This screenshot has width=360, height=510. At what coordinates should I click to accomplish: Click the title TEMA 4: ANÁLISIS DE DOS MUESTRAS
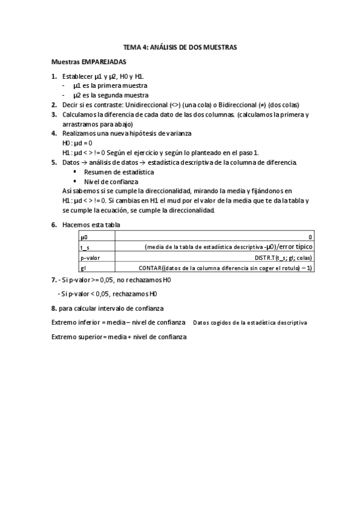[180, 46]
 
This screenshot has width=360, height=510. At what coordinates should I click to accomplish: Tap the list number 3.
[54, 114]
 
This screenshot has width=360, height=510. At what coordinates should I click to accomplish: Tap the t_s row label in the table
[85, 247]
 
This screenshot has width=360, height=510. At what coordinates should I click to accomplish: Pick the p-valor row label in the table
[90, 257]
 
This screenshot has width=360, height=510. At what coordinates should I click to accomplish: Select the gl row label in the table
[82, 267]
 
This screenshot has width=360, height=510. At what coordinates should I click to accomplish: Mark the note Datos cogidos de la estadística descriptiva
[250, 323]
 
